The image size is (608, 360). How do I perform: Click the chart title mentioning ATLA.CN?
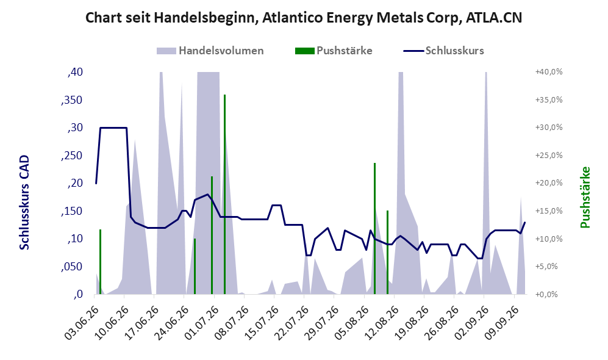point(304,18)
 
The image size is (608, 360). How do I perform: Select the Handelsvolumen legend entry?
point(210,51)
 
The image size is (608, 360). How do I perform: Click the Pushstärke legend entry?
point(334,51)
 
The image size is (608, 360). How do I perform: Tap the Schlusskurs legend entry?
point(443,51)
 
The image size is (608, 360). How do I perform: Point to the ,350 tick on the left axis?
point(72,100)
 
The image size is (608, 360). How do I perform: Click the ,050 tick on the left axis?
point(72,267)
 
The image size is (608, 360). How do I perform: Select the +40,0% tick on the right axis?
point(549,72)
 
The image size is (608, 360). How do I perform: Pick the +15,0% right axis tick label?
point(549,211)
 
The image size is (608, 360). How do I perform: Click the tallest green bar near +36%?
point(224,195)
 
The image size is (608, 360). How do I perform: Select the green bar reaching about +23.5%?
point(374,228)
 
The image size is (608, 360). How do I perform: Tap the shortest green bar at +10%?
point(195,267)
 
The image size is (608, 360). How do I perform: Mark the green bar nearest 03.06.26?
point(100,262)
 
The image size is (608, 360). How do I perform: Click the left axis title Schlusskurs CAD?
point(24,202)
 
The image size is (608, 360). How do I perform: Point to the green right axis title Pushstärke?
point(585,197)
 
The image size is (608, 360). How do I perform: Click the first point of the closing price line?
point(96,183)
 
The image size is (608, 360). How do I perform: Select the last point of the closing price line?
point(525,222)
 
